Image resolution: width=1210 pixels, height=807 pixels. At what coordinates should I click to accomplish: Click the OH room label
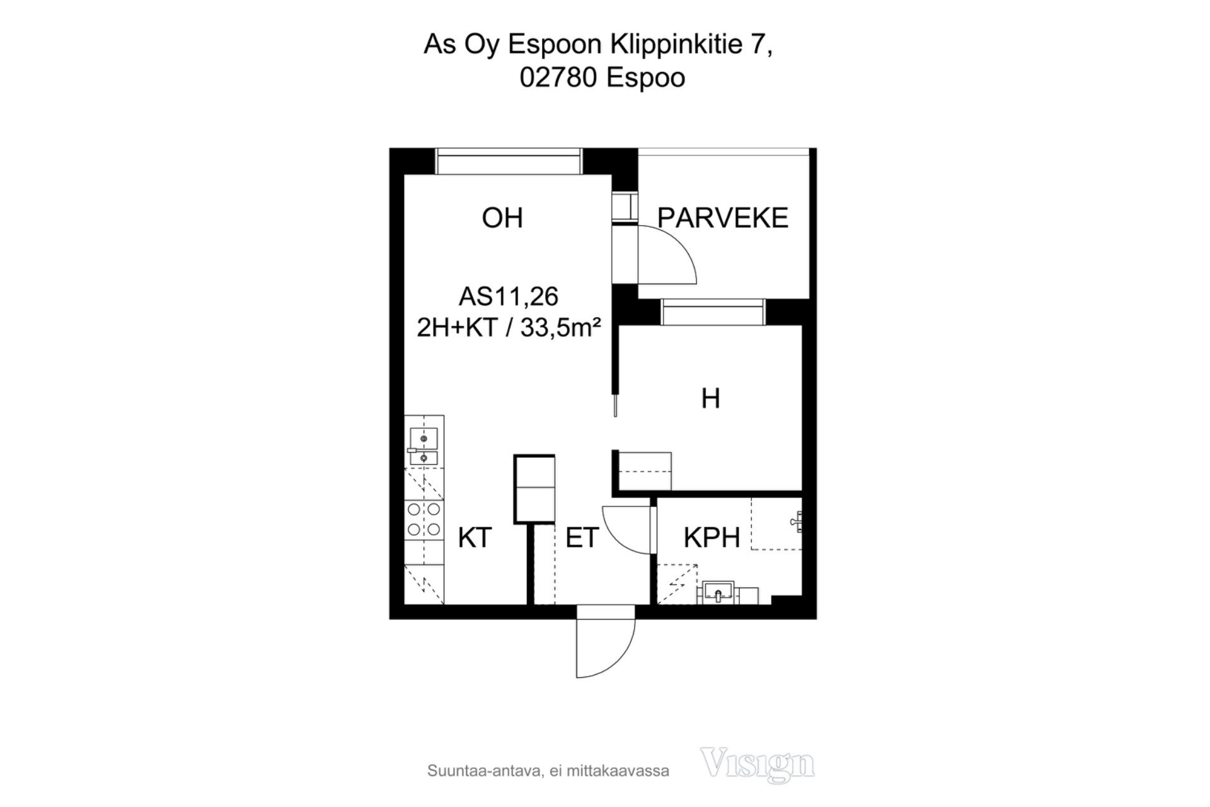502,218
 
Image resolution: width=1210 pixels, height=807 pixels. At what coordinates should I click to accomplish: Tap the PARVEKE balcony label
723,218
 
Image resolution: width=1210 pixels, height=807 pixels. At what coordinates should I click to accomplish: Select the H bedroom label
711,398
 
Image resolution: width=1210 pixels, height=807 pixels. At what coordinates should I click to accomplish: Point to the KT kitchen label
475,538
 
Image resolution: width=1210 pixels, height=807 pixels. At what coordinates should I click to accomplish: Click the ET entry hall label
582,538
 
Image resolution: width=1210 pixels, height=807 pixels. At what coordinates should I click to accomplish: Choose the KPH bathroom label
712,538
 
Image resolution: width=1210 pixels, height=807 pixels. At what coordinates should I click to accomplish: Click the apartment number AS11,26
509,296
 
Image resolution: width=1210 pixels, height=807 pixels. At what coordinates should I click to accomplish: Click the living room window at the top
508,161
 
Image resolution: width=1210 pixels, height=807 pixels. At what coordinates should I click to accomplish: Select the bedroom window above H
713,312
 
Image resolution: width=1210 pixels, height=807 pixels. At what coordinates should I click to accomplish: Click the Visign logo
758,764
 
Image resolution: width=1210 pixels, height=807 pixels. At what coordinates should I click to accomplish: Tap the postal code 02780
558,78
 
